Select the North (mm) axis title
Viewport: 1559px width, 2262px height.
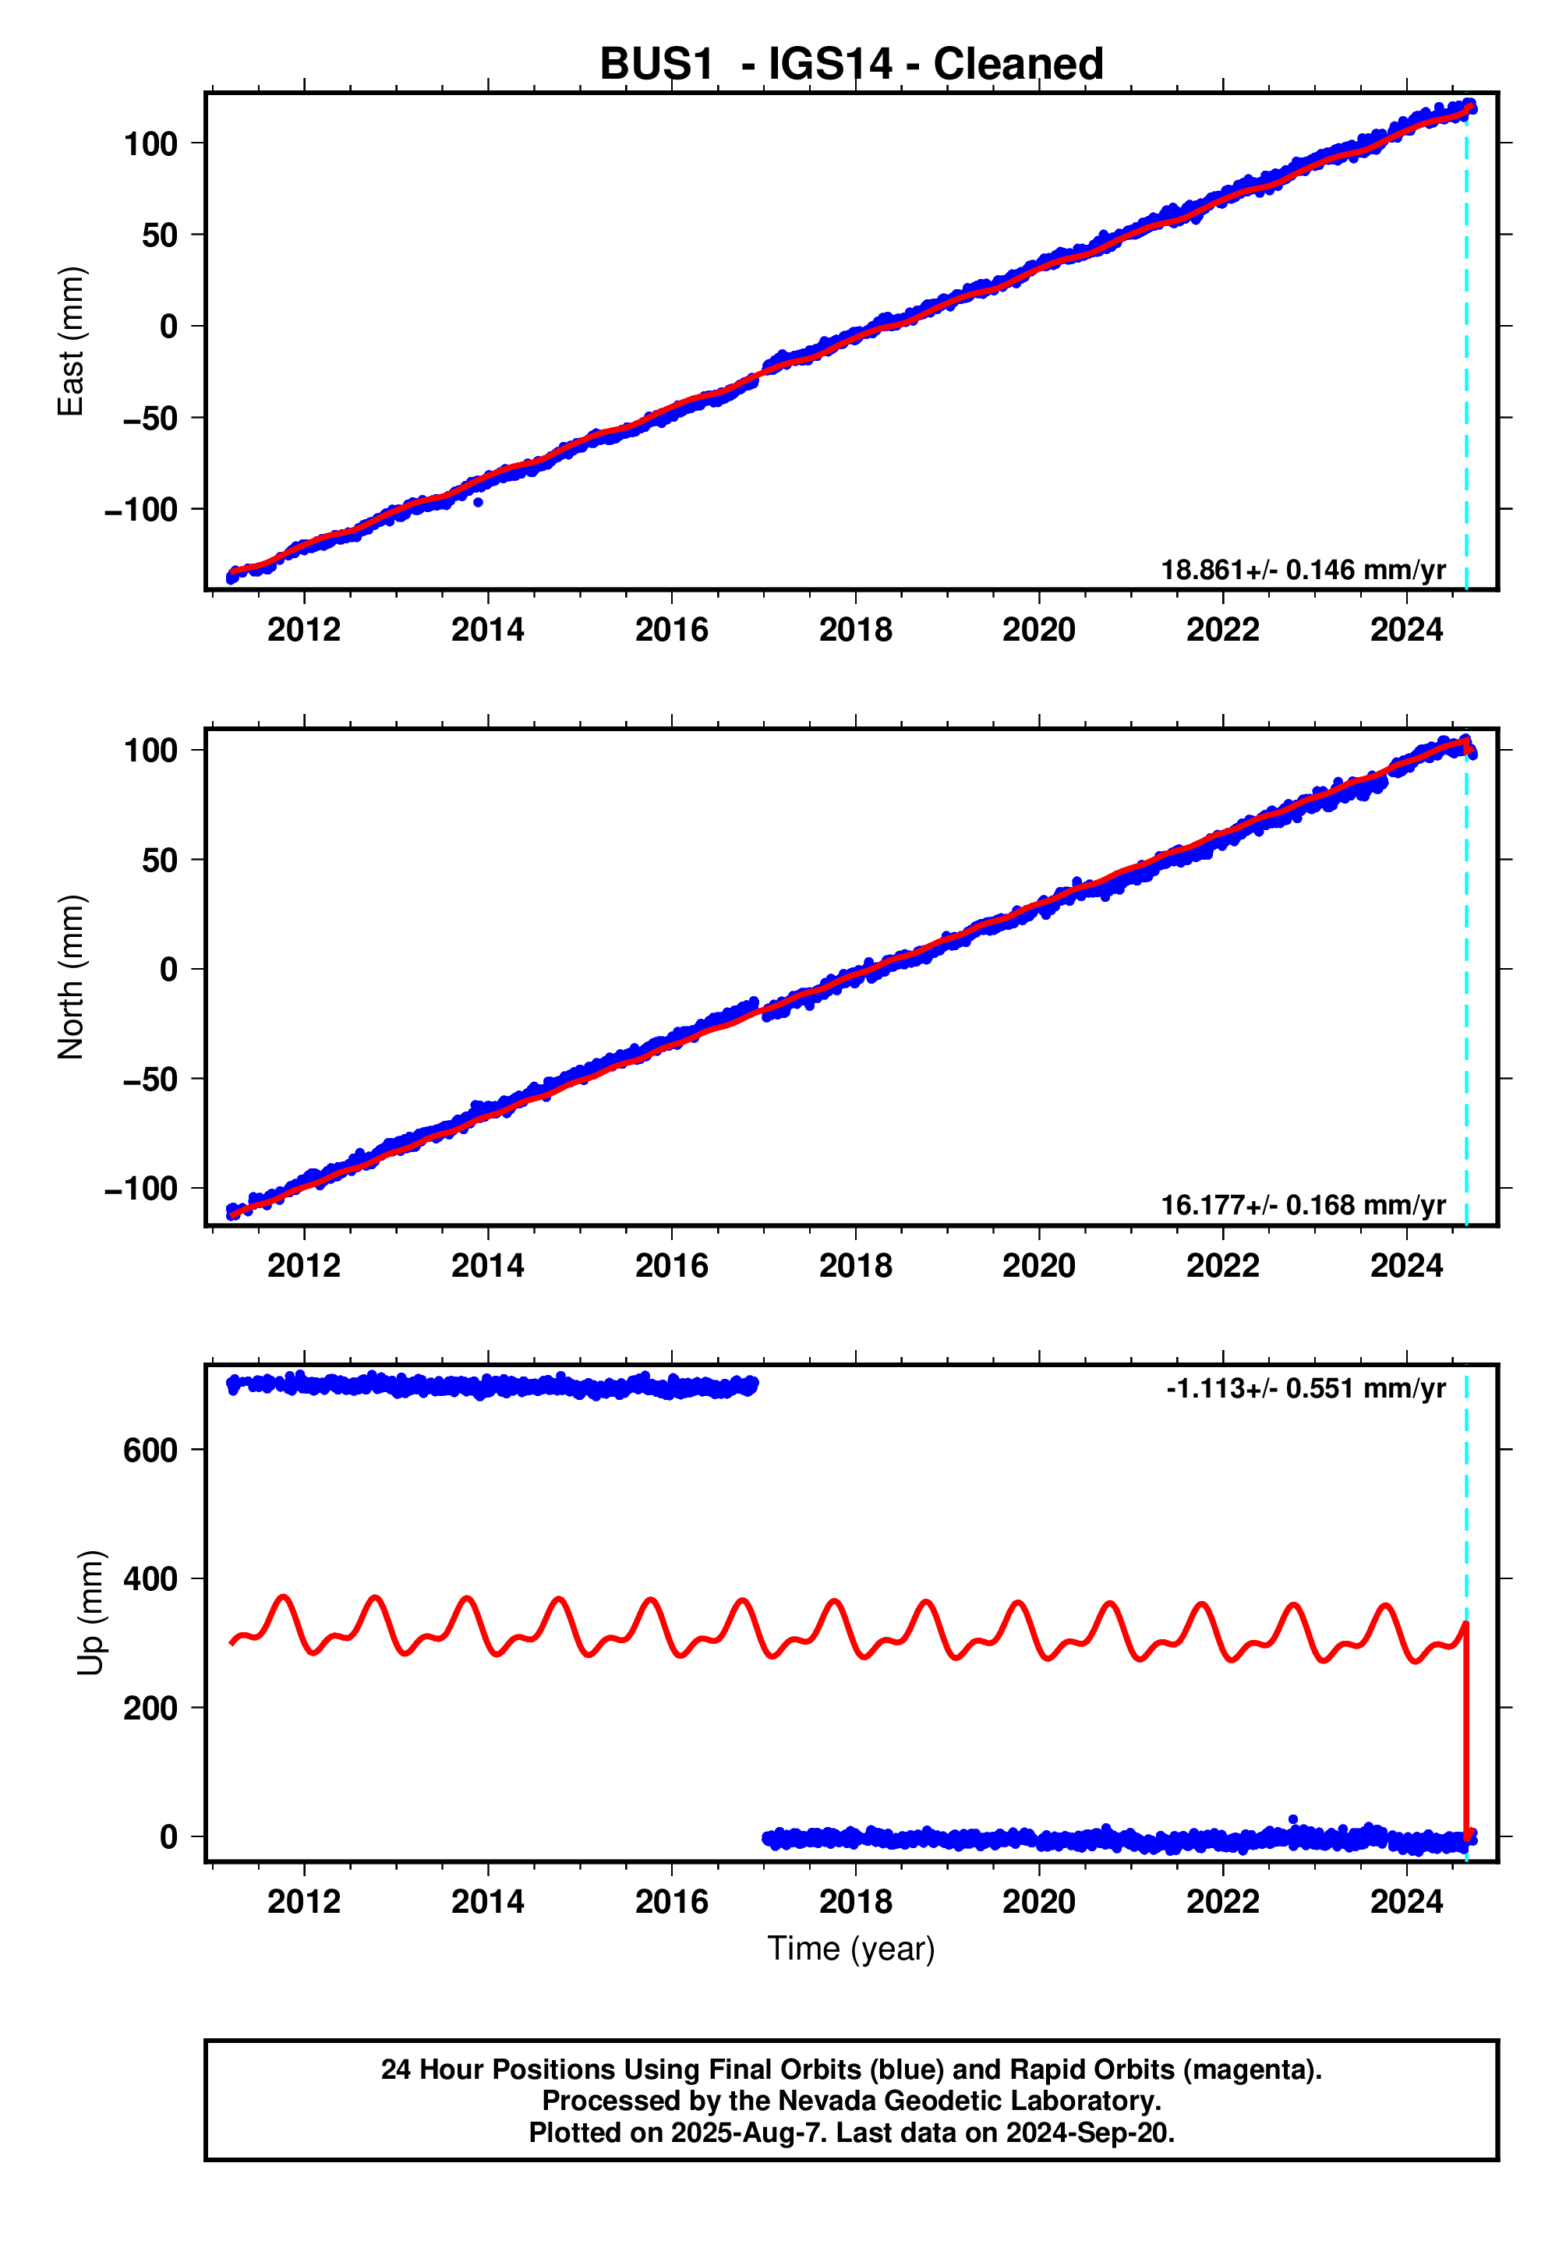click(71, 977)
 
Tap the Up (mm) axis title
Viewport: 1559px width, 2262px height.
click(90, 1613)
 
